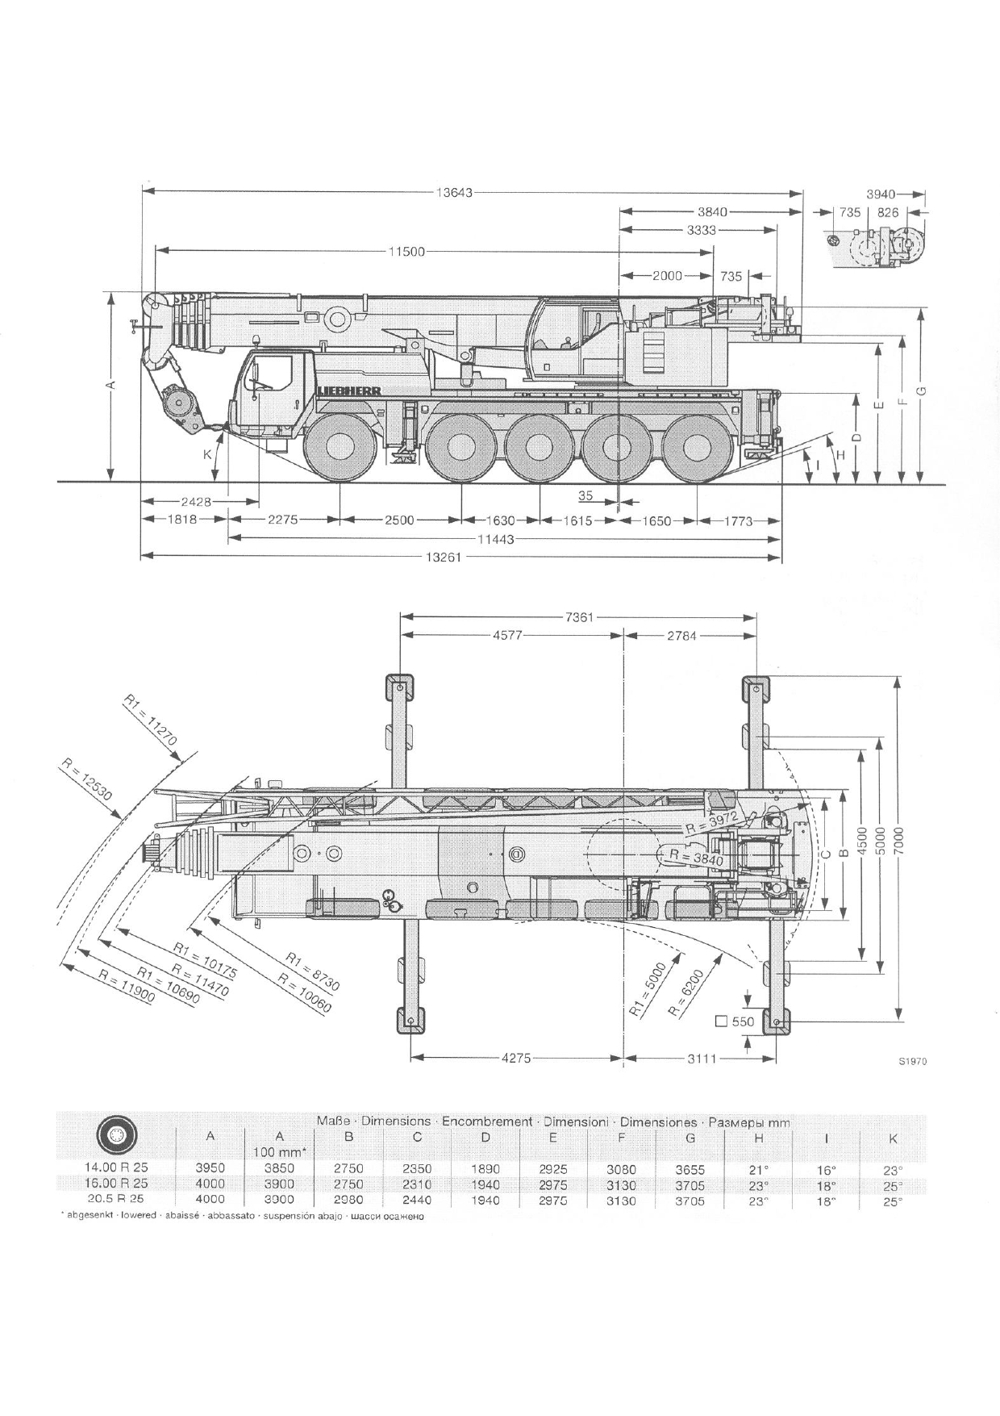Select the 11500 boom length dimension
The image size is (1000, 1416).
[406, 252]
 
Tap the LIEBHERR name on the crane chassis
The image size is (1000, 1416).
[348, 391]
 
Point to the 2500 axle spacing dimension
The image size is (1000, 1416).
[398, 520]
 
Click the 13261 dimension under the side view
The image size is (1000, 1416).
[444, 557]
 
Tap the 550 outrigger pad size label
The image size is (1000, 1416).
[742, 1021]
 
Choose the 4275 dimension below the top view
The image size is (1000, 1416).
[516, 1059]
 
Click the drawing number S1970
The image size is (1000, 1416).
[912, 1062]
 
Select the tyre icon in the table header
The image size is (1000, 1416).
[117, 1137]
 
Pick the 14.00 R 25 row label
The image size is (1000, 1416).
[117, 1167]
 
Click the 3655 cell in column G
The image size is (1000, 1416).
[690, 1169]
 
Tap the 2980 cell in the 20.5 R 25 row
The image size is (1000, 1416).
[349, 1200]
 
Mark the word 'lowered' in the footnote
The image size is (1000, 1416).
[139, 1215]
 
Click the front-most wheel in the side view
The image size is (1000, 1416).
[340, 448]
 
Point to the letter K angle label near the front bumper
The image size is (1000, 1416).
[207, 454]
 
